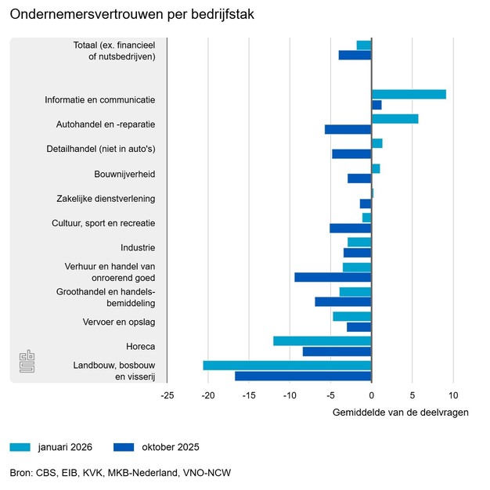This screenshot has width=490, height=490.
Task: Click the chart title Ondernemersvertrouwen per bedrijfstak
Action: coord(132,15)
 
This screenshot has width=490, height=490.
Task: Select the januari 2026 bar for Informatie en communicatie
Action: coord(409,95)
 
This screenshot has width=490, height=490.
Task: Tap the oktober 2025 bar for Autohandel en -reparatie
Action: coord(348,129)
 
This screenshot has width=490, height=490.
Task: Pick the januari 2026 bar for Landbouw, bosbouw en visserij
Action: coord(287,366)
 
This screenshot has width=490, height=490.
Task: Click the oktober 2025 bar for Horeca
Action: coord(337,351)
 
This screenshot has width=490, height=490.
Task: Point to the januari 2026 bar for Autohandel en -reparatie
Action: coord(395,119)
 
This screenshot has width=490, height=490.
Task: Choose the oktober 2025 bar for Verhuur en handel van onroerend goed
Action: coord(333,277)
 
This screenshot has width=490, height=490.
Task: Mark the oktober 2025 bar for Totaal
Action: coord(355,56)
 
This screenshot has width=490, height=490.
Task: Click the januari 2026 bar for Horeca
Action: coord(322,340)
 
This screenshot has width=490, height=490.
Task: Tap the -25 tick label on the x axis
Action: coord(167,395)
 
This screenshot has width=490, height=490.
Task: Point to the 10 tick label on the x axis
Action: coord(452,395)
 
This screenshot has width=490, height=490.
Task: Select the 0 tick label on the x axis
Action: coord(371,395)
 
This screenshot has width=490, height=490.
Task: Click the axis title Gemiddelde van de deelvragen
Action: coord(400,413)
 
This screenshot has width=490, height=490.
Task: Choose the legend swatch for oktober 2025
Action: coord(124,448)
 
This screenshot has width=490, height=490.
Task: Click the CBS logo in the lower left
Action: coord(28,362)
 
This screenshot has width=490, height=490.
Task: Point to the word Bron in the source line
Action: coord(20,473)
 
